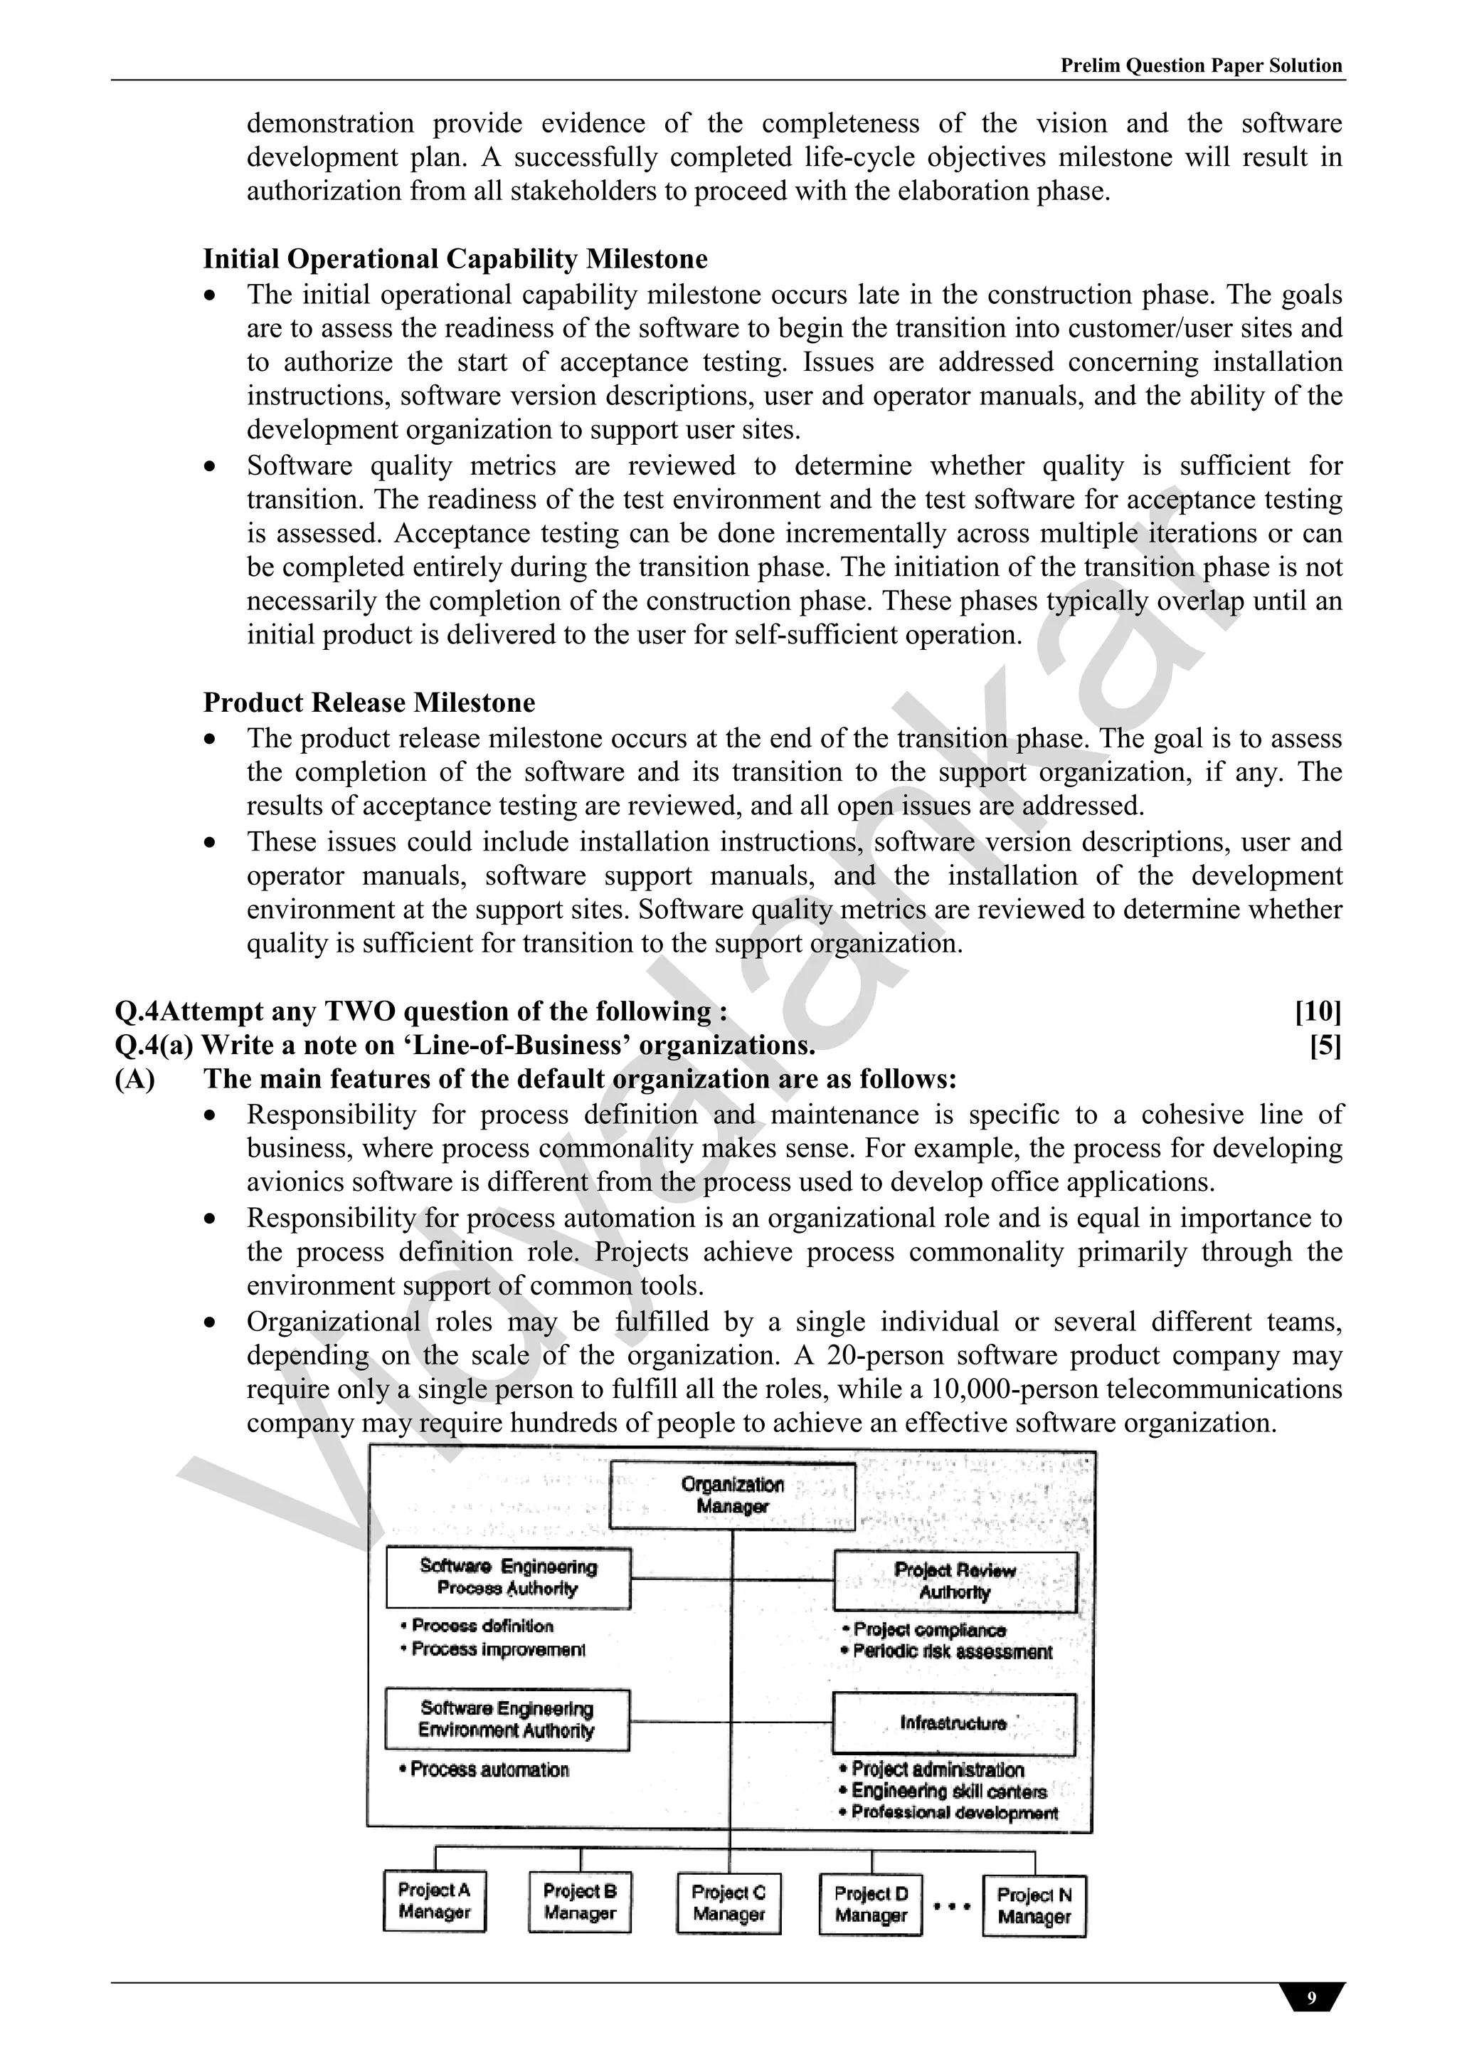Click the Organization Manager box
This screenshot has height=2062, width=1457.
click(x=731, y=1495)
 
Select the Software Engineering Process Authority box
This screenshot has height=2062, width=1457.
click(x=508, y=1577)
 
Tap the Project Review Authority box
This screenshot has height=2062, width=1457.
click(x=955, y=1581)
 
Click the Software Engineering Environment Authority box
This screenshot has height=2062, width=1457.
click(x=507, y=1719)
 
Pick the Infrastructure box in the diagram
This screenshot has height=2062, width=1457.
click(x=953, y=1722)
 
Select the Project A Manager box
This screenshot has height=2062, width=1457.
click(x=435, y=1900)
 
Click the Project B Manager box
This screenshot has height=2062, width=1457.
click(x=580, y=1901)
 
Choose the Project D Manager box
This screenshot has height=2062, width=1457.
click(x=871, y=1904)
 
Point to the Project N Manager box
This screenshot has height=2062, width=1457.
click(x=1034, y=1905)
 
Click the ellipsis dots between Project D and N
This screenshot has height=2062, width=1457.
click(x=952, y=1905)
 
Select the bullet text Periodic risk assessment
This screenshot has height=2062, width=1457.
click(x=953, y=1651)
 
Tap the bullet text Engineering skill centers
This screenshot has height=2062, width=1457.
click(x=949, y=1791)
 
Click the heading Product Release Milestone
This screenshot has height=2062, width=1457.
click(x=369, y=703)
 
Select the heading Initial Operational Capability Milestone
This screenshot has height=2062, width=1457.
click(x=455, y=258)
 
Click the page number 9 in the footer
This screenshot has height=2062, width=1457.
click(x=1312, y=1998)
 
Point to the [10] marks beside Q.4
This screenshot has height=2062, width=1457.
click(x=1317, y=1011)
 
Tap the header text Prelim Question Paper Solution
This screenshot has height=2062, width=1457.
click(x=1201, y=65)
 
